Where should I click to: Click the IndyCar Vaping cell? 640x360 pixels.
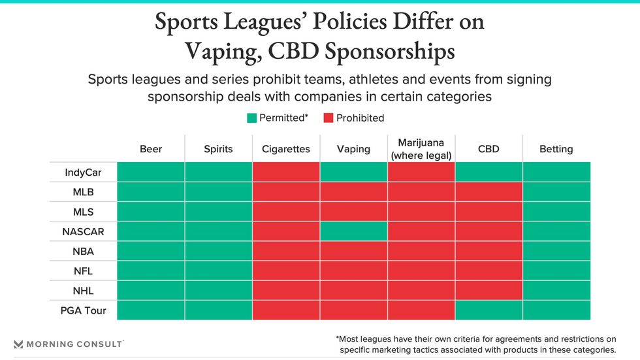pos(353,172)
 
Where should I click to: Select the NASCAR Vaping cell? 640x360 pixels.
pos(353,231)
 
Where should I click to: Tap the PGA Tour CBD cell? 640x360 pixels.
pos(488,310)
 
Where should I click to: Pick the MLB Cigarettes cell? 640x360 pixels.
pos(286,192)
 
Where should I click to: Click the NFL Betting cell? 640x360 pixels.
pos(556,270)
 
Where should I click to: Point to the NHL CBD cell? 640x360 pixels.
pos(488,290)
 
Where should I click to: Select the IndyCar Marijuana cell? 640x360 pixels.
pos(421,172)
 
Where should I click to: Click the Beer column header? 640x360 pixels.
pos(151,149)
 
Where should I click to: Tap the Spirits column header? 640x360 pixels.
pos(218,149)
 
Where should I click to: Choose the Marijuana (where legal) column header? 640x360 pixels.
pos(421,149)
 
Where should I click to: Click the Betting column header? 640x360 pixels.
pos(556,149)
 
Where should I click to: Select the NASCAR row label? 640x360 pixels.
pos(83,231)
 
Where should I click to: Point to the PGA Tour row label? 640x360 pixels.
pos(83,310)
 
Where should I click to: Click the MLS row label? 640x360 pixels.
pos(83,212)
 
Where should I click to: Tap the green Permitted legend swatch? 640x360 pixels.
pos(251,118)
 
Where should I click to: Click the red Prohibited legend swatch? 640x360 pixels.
pos(328,118)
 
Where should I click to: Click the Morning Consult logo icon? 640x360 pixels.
pos(18,344)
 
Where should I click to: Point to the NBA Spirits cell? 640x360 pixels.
pos(218,251)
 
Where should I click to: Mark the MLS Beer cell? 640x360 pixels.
pos(151,212)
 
